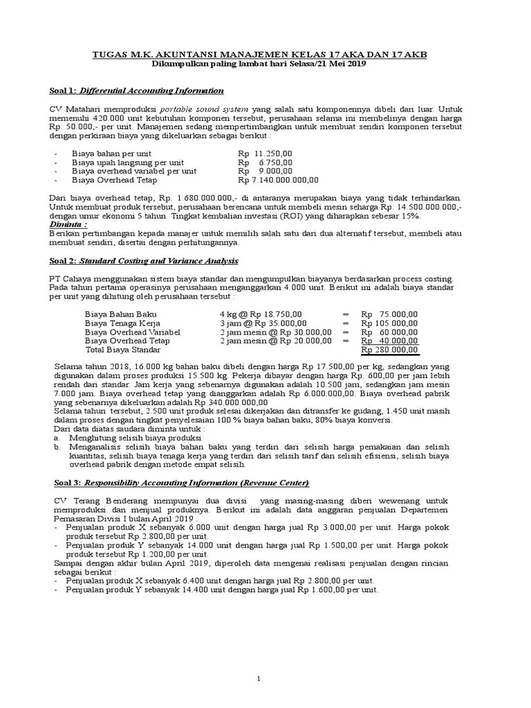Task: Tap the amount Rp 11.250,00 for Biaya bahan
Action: point(265,153)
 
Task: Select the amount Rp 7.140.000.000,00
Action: point(278,180)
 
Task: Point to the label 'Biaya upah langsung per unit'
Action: point(125,162)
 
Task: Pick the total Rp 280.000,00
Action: point(389,350)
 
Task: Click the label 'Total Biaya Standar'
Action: point(123,350)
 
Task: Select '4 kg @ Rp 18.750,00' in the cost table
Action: point(261,314)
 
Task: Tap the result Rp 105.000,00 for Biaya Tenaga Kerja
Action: point(389,323)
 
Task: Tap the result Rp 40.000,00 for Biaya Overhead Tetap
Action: point(389,341)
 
